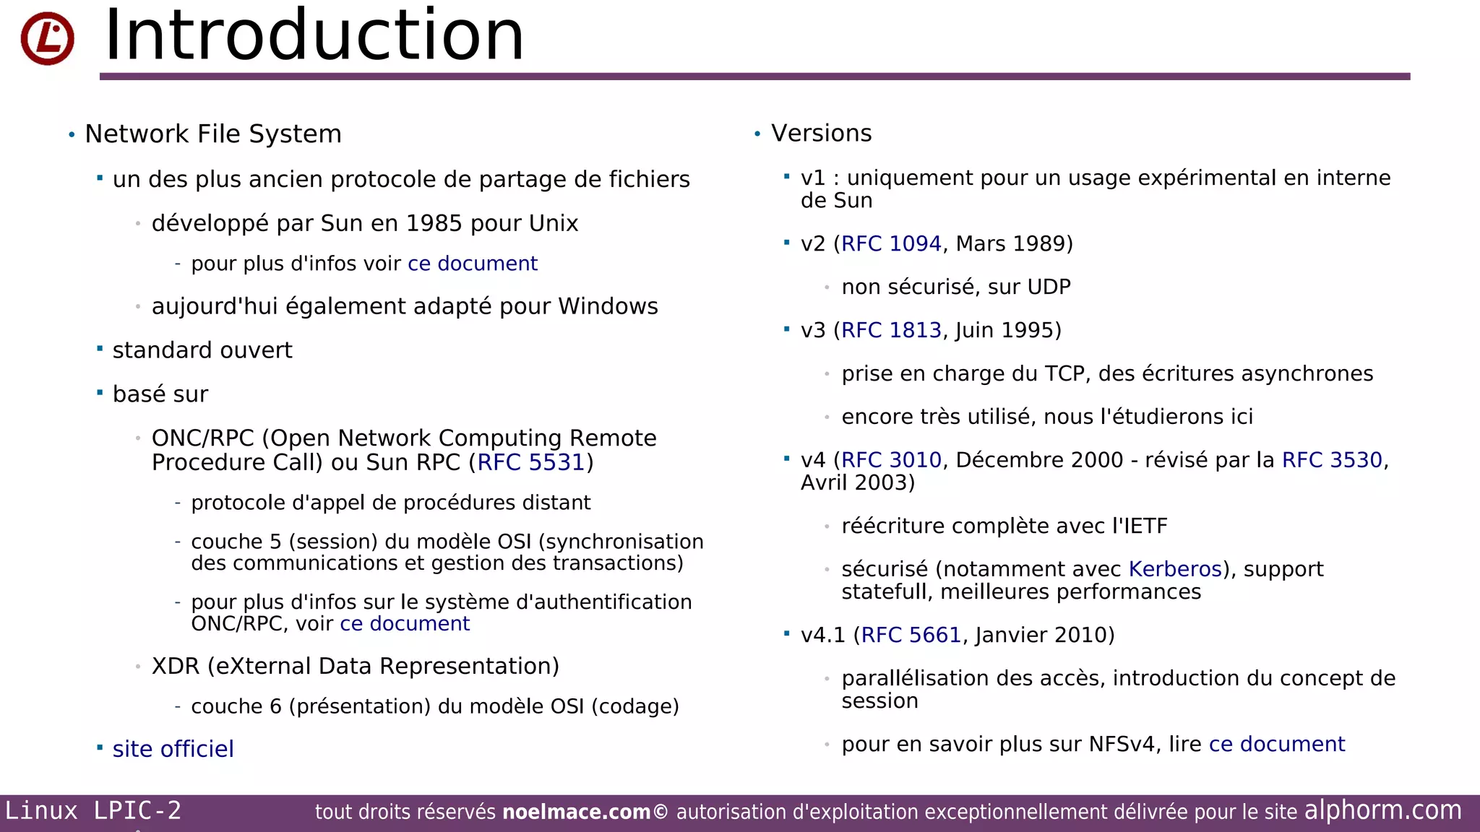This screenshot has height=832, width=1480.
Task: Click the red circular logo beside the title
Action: pyautogui.click(x=47, y=38)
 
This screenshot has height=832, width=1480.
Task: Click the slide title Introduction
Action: pyautogui.click(x=314, y=35)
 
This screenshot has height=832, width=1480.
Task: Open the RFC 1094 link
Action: pyautogui.click(x=891, y=244)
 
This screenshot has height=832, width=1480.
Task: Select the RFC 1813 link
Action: pyautogui.click(x=891, y=331)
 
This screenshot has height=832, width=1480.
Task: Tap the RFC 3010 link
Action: pyautogui.click(x=891, y=460)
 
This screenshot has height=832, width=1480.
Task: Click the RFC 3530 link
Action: pyautogui.click(x=1331, y=460)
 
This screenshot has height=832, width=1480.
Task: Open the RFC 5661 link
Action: pyautogui.click(x=911, y=635)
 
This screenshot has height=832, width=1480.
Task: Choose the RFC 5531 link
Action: pyautogui.click(x=530, y=462)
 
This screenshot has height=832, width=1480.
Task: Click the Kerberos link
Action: pyautogui.click(x=1175, y=569)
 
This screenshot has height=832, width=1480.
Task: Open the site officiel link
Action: pyautogui.click(x=173, y=749)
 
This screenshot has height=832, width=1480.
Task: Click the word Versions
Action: pyautogui.click(x=821, y=134)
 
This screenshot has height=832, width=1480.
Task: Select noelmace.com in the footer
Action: pyautogui.click(x=576, y=812)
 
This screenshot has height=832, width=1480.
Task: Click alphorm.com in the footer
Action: pyautogui.click(x=1382, y=810)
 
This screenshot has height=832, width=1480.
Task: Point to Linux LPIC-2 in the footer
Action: pyautogui.click(x=93, y=810)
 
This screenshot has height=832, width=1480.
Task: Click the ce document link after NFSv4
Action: pyautogui.click(x=1276, y=744)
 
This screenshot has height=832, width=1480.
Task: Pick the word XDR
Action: pyautogui.click(x=175, y=666)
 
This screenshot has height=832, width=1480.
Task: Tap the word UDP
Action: pyautogui.click(x=1048, y=287)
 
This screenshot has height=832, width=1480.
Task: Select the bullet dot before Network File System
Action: pyautogui.click(x=72, y=135)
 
